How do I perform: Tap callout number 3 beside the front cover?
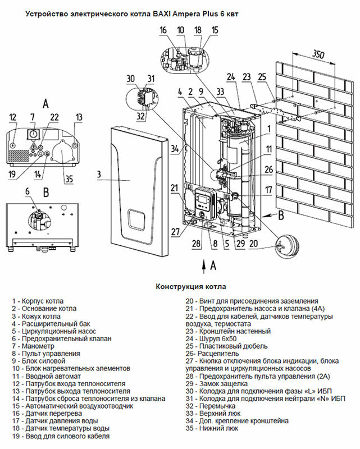pyautogui.click(x=99, y=175)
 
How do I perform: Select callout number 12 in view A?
pyautogui.click(x=13, y=117)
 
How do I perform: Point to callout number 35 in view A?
pyautogui.click(x=69, y=180)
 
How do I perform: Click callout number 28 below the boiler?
pyautogui.click(x=196, y=243)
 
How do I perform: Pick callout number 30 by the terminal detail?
pyautogui.click(x=130, y=78)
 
